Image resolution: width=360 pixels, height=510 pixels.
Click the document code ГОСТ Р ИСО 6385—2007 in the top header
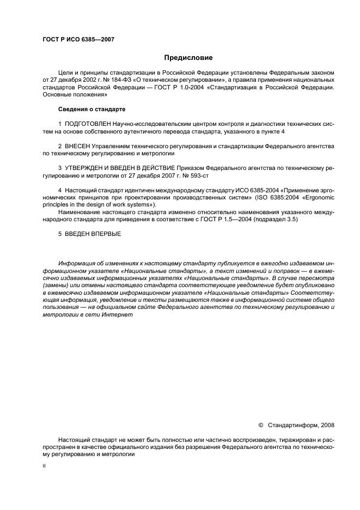pyautogui.click(x=78, y=40)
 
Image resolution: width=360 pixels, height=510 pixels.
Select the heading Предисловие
pyautogui.click(x=188, y=58)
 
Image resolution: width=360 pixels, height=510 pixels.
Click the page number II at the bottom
pyautogui.click(x=44, y=467)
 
